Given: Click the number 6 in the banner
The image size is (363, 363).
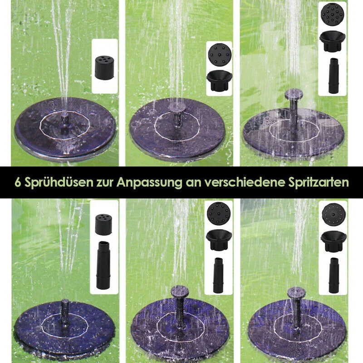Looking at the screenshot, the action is click(x=18, y=182).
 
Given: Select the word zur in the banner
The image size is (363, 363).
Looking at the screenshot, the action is click(x=105, y=183).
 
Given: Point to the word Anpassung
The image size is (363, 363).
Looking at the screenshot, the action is click(x=149, y=183).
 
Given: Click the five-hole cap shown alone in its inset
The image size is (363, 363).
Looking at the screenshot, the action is click(x=104, y=67).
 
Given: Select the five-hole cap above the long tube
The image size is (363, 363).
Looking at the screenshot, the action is click(x=103, y=224).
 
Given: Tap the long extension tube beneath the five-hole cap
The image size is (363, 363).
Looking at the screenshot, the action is click(x=103, y=265).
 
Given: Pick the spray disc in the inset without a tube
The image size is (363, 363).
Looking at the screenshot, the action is click(x=220, y=55).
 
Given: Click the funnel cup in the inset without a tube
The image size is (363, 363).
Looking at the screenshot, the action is click(x=219, y=81).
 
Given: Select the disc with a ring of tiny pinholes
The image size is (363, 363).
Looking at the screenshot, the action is click(x=334, y=214).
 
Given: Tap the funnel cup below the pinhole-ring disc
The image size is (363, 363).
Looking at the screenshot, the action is click(x=334, y=241).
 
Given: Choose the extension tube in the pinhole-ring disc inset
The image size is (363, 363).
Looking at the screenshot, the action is click(x=334, y=275).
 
